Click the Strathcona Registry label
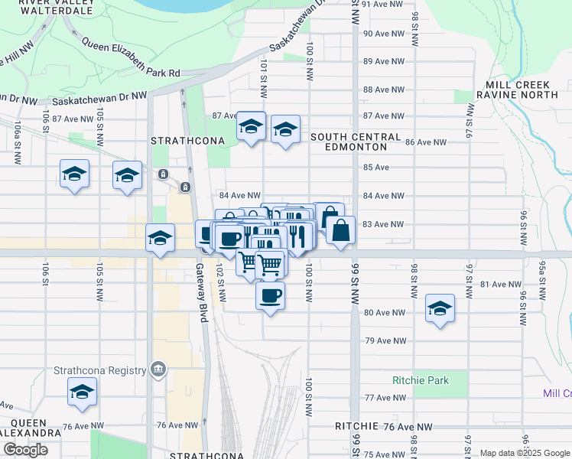pos(99,370)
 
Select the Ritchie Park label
pos(420,380)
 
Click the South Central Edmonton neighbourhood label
pos(356,142)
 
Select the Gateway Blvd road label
pos(202,291)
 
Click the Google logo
pos(25,450)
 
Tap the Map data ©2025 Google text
pos(525,453)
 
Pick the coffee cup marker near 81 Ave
pos(270,295)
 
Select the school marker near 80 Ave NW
pos(440,308)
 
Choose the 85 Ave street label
pos(376,167)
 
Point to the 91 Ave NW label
pos(383,4)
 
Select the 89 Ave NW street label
pos(383,61)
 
